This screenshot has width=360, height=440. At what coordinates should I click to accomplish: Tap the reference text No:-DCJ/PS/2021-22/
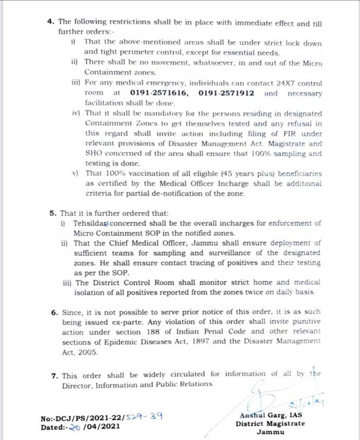click(x=82, y=418)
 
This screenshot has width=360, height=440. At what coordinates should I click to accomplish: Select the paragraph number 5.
click(x=53, y=212)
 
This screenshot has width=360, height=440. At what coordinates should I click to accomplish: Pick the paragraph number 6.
click(x=53, y=312)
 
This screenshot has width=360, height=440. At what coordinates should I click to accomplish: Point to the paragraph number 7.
click(x=53, y=375)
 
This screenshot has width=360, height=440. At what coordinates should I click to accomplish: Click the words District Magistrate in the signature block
click(x=270, y=424)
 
